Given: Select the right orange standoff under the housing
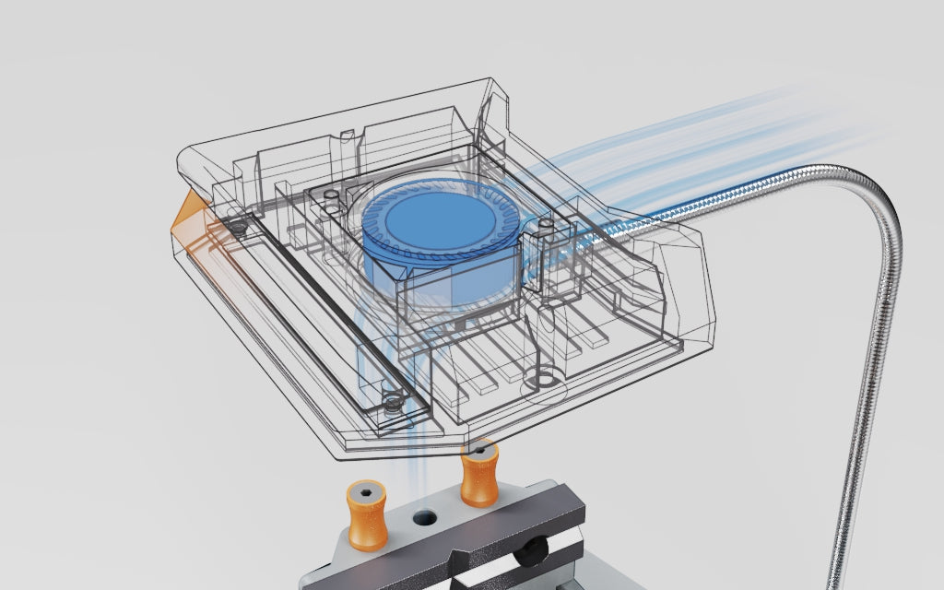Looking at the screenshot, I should tap(479, 476).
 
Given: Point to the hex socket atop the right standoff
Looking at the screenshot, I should tap(479, 451).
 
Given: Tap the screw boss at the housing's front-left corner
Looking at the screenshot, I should tap(392, 402).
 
